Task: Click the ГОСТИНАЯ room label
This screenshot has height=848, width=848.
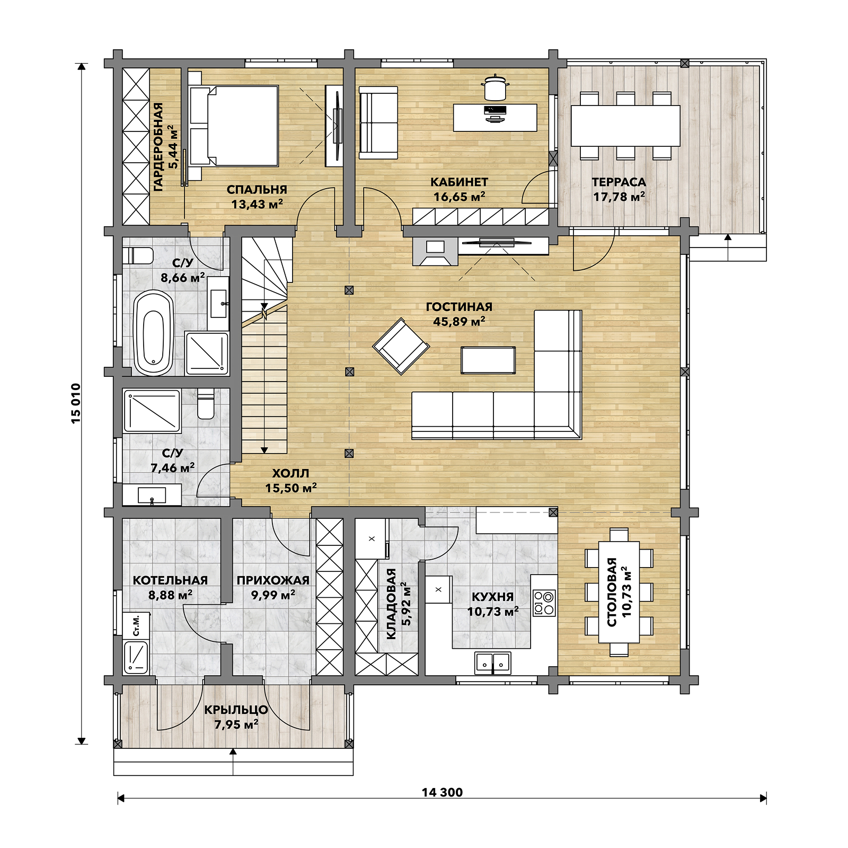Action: click(x=459, y=307)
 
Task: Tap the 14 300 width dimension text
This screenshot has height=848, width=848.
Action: click(x=442, y=792)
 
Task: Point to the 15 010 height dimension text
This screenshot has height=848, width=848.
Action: click(x=76, y=403)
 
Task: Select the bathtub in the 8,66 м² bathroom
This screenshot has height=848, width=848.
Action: click(x=154, y=333)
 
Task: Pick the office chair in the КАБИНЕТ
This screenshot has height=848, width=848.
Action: click(x=496, y=87)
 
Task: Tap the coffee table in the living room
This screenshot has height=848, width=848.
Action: click(x=488, y=360)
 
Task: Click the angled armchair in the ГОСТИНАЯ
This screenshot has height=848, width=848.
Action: click(x=401, y=346)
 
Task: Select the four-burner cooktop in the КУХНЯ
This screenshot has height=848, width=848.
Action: click(x=544, y=603)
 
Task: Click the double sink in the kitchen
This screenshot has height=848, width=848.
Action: click(x=493, y=662)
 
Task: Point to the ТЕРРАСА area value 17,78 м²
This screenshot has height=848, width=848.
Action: click(x=619, y=197)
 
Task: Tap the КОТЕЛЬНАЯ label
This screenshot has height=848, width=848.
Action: click(x=170, y=580)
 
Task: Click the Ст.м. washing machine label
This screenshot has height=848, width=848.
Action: click(x=136, y=625)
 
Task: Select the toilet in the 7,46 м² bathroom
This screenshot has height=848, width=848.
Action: click(x=206, y=404)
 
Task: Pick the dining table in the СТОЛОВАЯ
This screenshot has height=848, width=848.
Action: click(x=619, y=592)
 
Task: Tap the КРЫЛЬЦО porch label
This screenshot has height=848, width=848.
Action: click(x=236, y=710)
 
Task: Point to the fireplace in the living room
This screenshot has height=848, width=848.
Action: click(x=435, y=251)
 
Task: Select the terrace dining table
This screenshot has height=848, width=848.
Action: click(x=625, y=126)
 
